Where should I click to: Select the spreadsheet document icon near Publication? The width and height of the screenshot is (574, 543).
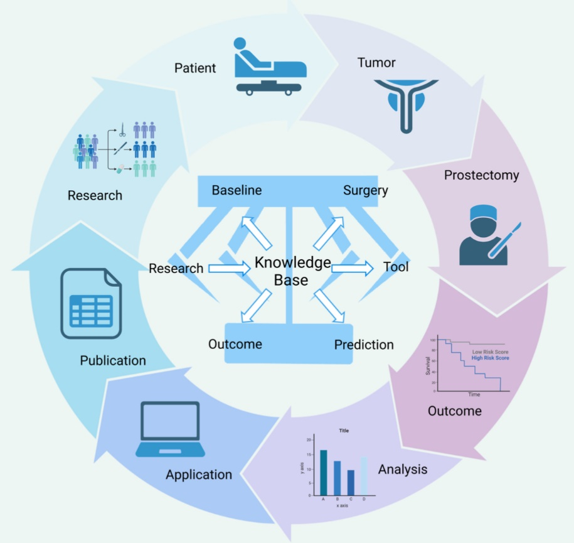92,303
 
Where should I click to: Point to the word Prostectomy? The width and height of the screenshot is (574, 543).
481,175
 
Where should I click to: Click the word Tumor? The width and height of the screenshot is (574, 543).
376,63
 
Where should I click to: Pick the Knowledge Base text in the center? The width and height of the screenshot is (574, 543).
292,271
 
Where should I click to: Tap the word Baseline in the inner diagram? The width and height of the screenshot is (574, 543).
237,190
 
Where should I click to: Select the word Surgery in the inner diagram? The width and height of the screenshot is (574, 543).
365,190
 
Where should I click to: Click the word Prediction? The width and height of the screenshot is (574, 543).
364,345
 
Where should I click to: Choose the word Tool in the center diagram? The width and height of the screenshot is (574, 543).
396,267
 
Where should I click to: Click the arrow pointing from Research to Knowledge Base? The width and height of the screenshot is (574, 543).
229,269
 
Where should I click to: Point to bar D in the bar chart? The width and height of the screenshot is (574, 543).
364,476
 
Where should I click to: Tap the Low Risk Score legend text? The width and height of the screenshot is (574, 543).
490,352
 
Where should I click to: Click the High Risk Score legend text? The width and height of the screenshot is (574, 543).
490,358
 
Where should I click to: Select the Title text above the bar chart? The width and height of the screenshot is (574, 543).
344,431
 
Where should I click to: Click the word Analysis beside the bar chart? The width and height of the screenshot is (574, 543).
402,470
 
